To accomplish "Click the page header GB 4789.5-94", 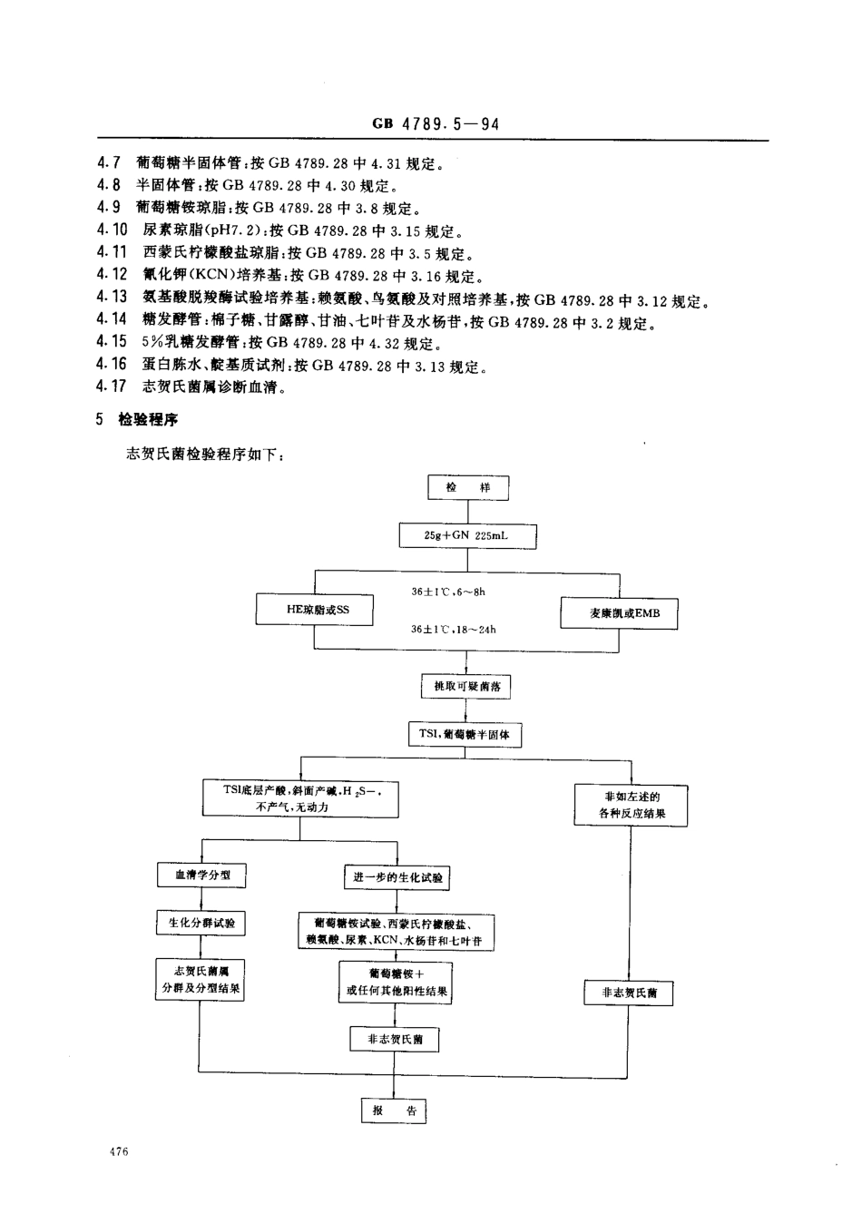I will (x=435, y=124).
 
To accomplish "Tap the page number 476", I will (x=117, y=1152).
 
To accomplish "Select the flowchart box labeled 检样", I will (x=467, y=488).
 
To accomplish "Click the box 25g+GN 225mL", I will (x=467, y=535).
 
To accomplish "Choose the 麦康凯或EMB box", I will (x=618, y=613).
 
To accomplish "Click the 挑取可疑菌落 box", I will (x=467, y=686).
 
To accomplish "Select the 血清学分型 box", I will (x=201, y=876).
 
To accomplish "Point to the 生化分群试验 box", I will (x=201, y=923).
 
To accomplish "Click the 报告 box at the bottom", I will (x=394, y=1110).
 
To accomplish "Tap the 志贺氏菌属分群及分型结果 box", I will (x=201, y=980).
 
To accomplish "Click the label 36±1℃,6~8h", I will (x=448, y=592).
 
